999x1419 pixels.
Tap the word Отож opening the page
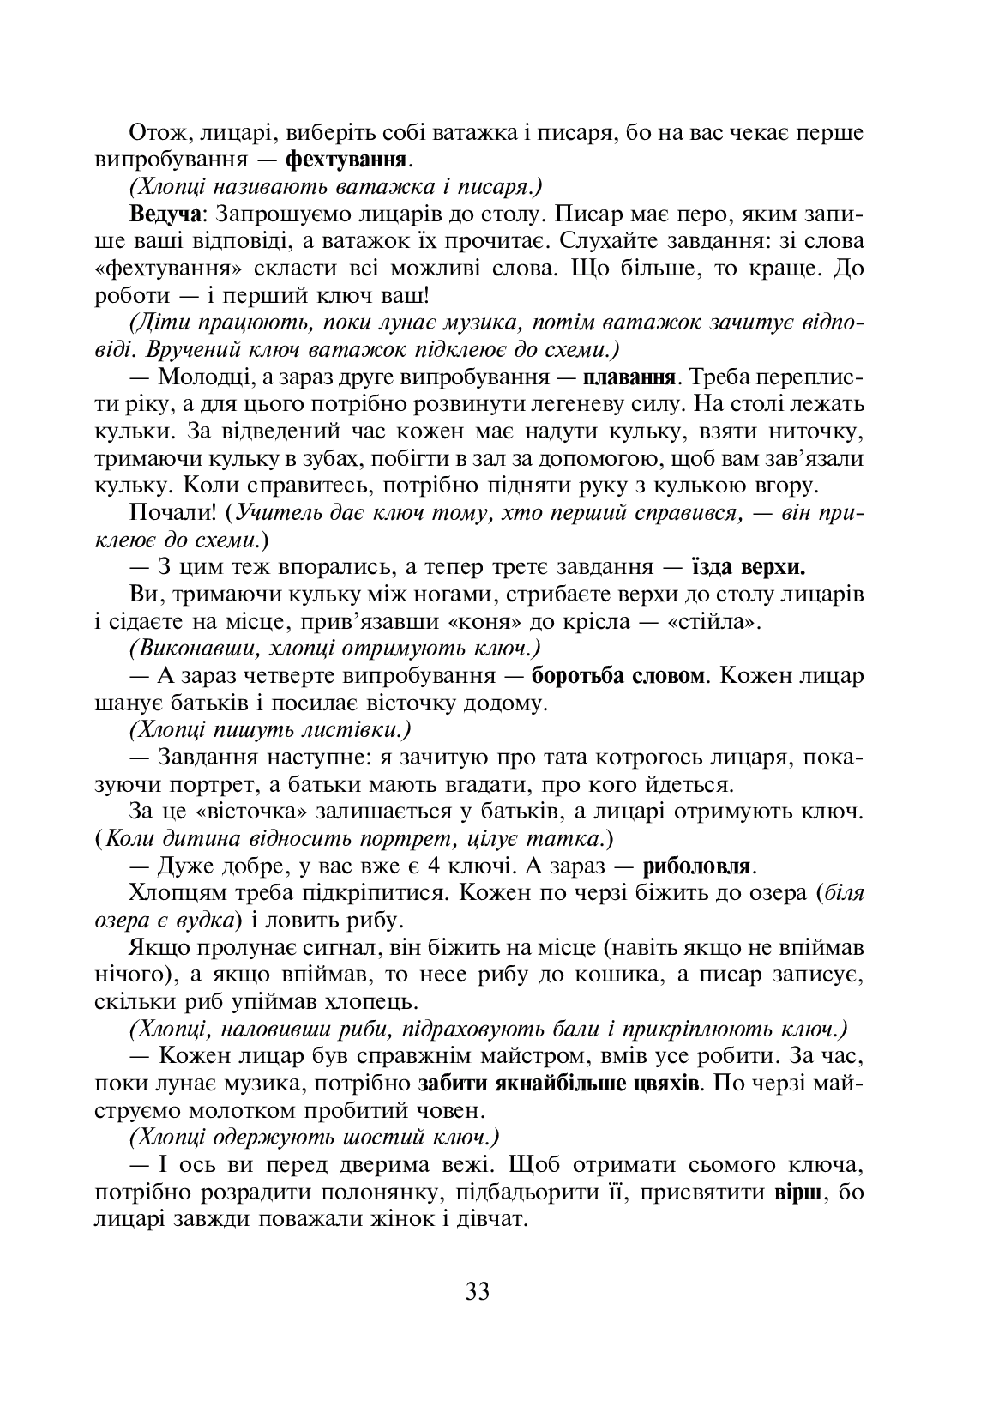click(x=153, y=133)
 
